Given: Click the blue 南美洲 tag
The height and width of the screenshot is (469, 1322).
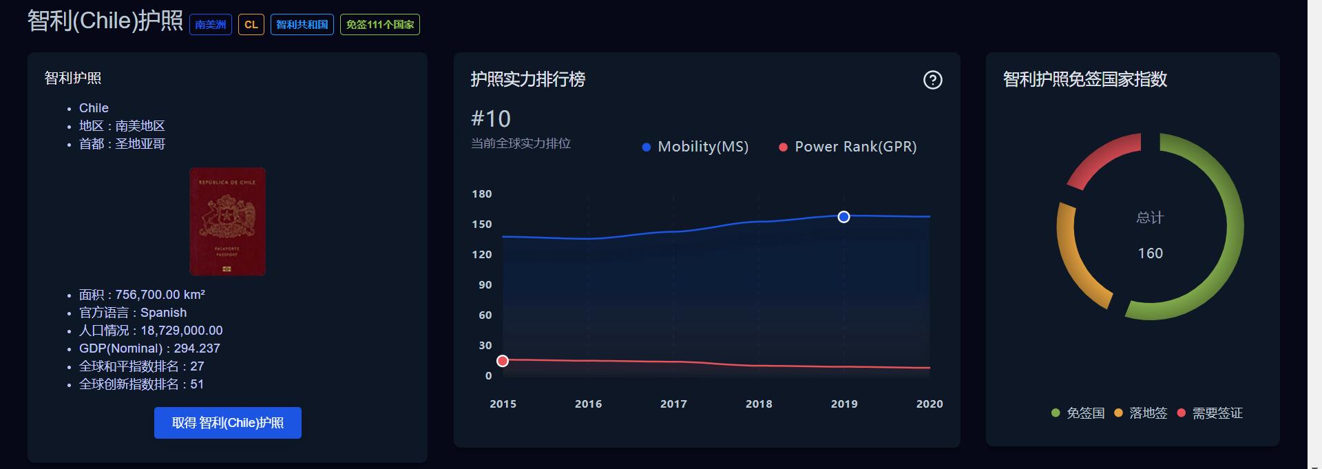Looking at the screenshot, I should (210, 25).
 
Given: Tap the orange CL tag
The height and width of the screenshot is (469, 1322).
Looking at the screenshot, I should (251, 25).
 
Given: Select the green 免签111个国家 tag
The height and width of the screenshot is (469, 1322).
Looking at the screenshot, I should (379, 25).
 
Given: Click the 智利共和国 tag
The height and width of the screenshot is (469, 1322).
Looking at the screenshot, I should (302, 25).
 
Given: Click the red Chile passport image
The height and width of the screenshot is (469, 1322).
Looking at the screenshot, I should (227, 221).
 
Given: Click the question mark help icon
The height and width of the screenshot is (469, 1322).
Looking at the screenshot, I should (932, 80).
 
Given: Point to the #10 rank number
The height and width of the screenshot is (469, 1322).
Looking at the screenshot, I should (491, 118).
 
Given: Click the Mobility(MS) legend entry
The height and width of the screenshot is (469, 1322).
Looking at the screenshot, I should (695, 147).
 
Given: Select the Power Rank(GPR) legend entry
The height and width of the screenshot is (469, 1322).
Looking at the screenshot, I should (848, 147).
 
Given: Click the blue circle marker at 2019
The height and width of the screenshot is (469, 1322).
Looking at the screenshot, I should (843, 217).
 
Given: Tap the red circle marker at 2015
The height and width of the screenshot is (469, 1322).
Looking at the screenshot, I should (503, 361).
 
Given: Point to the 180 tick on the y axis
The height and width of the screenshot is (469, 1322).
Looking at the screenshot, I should (482, 194).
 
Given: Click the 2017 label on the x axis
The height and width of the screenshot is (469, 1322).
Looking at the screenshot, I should (673, 404).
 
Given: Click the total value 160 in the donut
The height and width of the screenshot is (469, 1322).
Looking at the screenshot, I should (1150, 253).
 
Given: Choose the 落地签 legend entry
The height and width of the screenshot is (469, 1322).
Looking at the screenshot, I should (1141, 413).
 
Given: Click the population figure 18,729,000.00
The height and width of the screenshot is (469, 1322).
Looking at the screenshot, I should (181, 331).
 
